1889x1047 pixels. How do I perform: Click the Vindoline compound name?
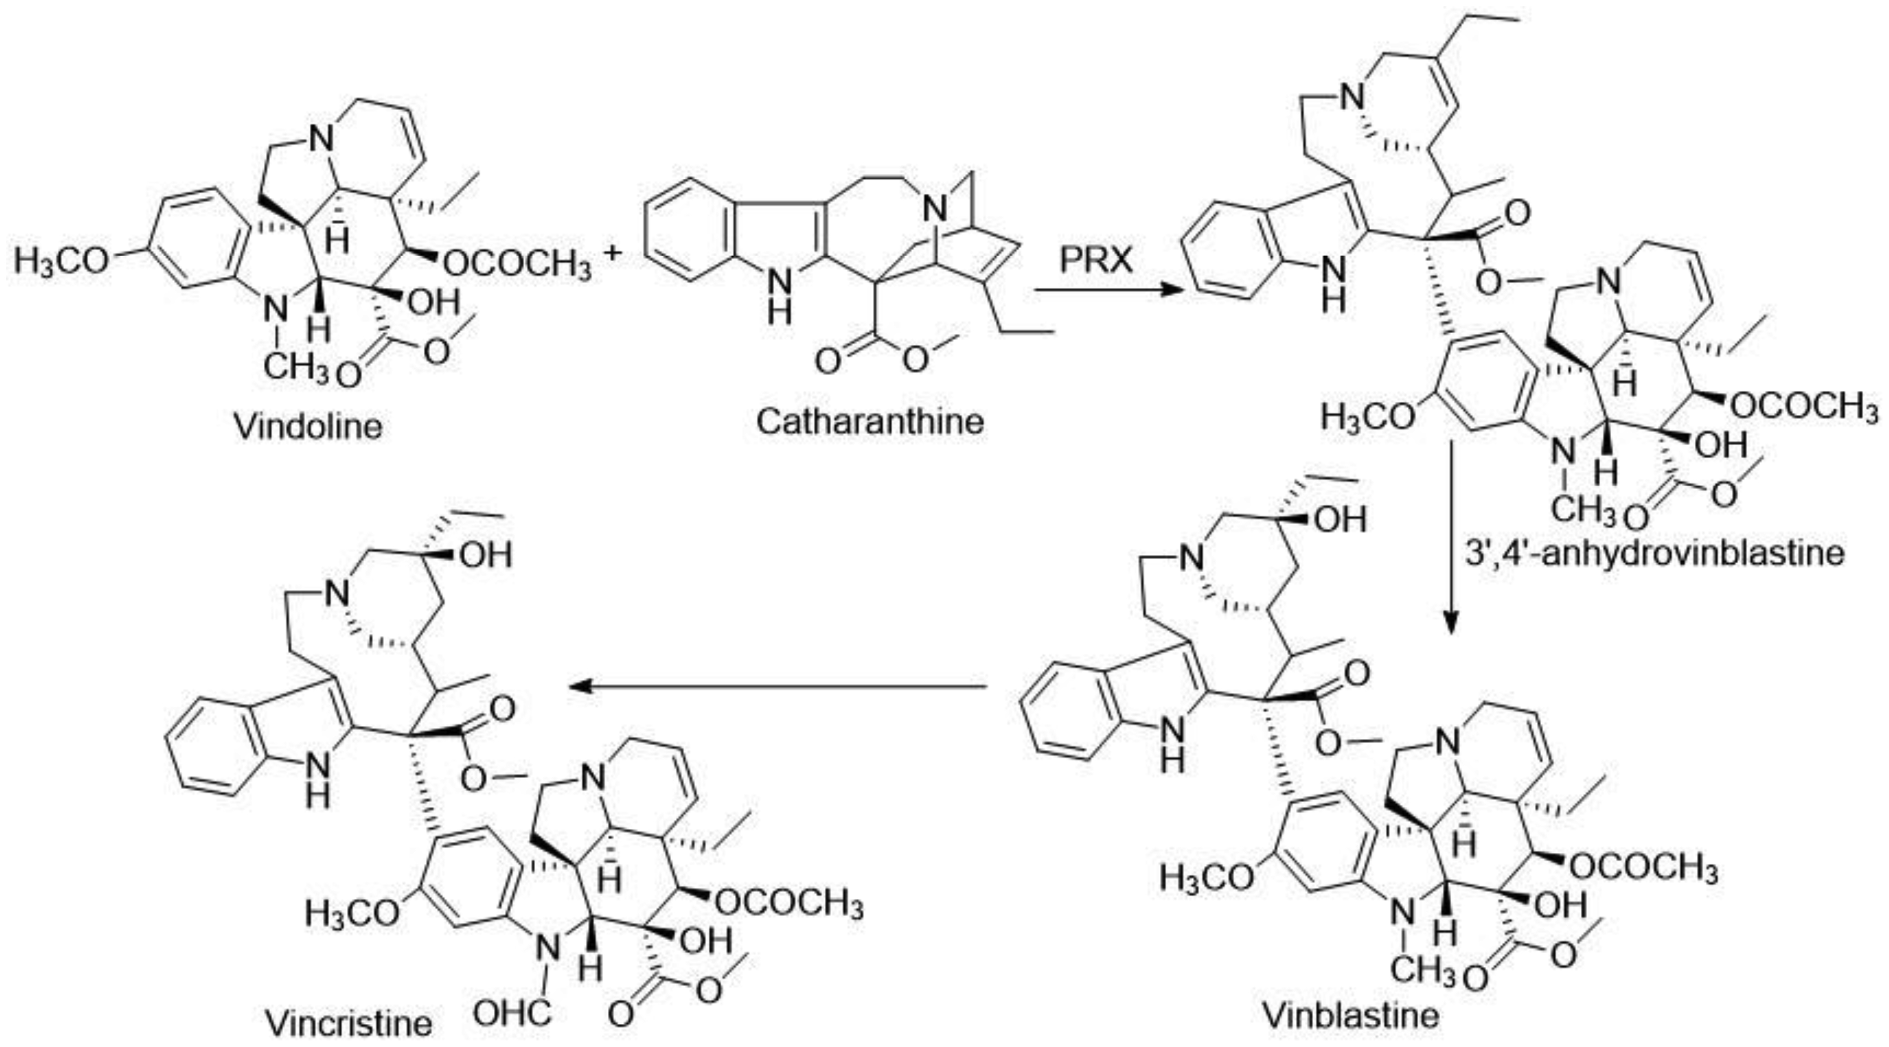pyautogui.click(x=308, y=426)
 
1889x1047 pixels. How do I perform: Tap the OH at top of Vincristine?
pyautogui.click(x=485, y=555)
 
